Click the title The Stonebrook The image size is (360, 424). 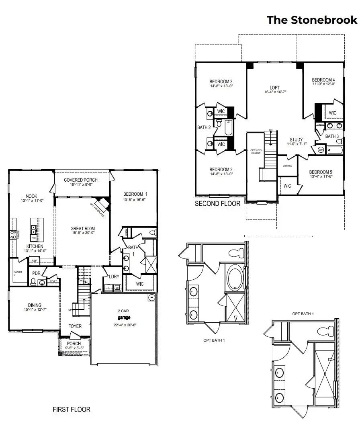(312, 20)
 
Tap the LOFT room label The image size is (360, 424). (274, 88)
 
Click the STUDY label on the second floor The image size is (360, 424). (296, 140)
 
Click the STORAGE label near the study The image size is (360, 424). (287, 166)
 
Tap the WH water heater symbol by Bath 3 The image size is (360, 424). (321, 150)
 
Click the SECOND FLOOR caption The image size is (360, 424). (217, 204)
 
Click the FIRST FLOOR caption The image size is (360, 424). (72, 410)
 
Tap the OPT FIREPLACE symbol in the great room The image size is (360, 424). (103, 204)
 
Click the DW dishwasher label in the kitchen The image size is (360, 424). (34, 238)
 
